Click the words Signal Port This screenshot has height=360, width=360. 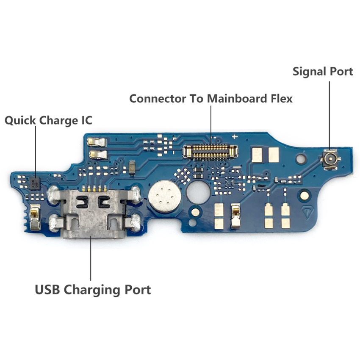[323, 72]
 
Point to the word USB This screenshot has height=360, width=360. [47, 290]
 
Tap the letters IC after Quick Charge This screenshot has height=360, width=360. [86, 120]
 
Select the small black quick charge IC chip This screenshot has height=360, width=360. [36, 183]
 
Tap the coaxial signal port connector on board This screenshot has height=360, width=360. [329, 160]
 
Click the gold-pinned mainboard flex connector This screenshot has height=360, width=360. [210, 151]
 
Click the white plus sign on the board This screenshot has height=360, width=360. [234, 137]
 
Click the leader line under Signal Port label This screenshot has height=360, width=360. [329, 114]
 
